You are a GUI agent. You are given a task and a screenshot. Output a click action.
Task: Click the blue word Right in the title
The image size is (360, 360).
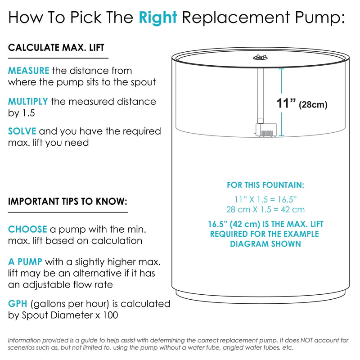(x=158, y=18)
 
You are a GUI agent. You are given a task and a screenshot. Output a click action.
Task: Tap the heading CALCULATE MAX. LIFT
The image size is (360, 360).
(x=56, y=48)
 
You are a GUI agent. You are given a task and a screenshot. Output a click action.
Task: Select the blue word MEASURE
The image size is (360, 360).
(x=29, y=71)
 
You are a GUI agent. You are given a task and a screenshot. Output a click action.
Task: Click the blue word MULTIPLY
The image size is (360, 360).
(x=28, y=102)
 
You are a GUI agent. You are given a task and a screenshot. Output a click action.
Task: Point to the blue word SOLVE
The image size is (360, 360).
(x=22, y=131)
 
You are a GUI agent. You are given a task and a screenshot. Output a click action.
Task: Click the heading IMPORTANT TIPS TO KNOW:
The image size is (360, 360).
(x=68, y=201)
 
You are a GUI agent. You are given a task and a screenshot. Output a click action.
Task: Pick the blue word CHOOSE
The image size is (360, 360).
(x=27, y=229)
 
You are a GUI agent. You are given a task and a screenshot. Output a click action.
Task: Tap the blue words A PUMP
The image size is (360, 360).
(x=25, y=262)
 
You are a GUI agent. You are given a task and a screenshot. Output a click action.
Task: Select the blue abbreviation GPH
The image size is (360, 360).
(x=18, y=304)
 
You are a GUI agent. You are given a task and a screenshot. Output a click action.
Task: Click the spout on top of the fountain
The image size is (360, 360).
(x=260, y=57)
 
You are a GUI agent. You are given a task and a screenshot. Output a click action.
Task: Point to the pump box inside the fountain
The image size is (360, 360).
(x=266, y=130)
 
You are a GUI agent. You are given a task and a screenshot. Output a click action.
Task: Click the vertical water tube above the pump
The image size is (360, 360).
(x=261, y=96)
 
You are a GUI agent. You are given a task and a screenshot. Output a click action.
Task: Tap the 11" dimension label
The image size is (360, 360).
(x=286, y=103)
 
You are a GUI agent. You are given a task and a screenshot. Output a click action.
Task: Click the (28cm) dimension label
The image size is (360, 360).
(x=313, y=105)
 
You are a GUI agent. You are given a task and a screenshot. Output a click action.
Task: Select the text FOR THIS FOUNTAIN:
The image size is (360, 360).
(x=265, y=185)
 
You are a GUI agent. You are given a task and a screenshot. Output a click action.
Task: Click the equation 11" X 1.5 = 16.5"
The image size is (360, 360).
(x=265, y=199)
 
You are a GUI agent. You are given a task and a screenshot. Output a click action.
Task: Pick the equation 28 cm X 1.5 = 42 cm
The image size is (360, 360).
(x=265, y=209)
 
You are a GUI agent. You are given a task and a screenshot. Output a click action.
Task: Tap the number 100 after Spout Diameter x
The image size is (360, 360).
(x=110, y=315)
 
